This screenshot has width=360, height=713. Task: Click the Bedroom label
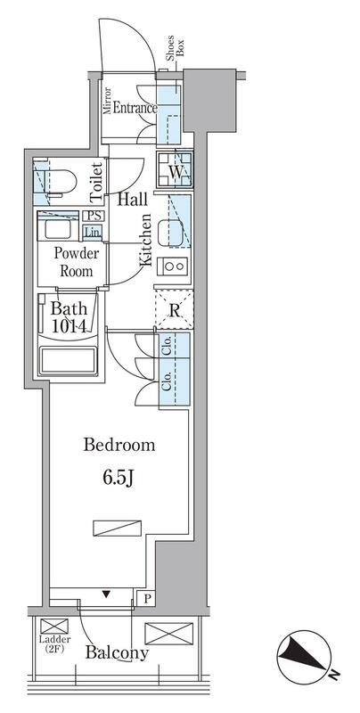point(119,445)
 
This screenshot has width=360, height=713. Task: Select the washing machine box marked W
point(175,169)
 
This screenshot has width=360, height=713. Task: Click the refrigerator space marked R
point(174,309)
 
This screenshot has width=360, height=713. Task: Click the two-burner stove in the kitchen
point(173,266)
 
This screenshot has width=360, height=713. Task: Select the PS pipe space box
point(94,217)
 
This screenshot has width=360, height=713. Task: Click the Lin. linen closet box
point(93,233)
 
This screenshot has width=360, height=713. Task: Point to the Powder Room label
point(77,262)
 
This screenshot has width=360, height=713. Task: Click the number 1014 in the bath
point(70,326)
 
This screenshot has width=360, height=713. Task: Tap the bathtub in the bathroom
point(69,361)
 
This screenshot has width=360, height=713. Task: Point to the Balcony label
point(118,652)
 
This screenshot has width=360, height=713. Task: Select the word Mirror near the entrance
point(108,101)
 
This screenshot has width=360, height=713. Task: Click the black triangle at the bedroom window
point(106,594)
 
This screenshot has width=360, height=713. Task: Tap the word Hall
point(133,199)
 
